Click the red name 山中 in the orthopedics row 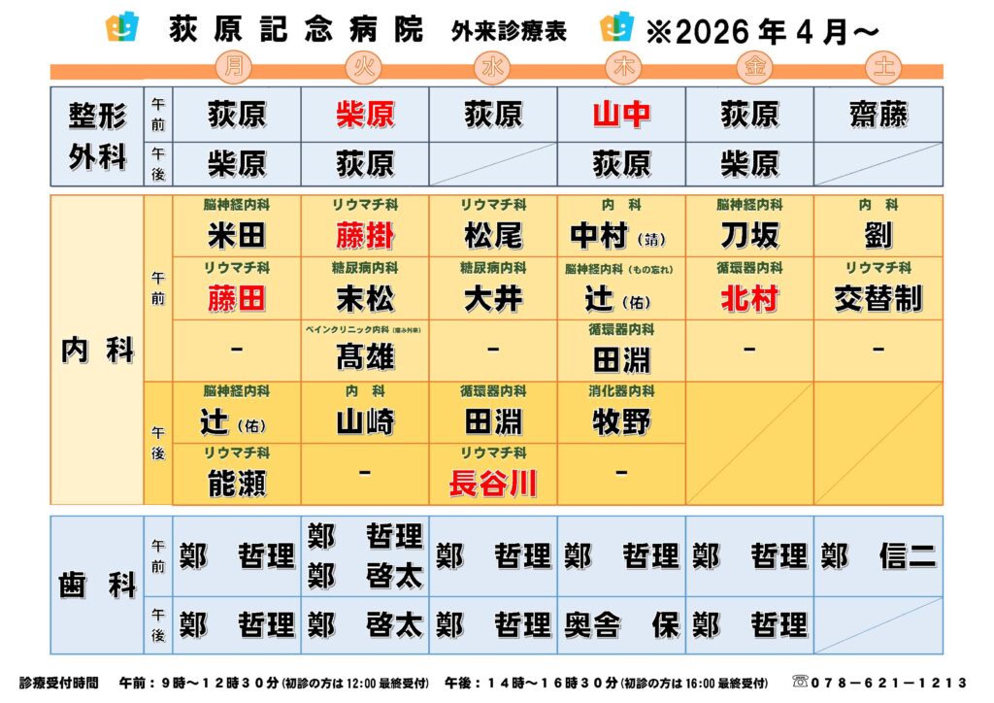coord(621,115)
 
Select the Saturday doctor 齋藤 coord(878,115)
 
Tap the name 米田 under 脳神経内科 coord(237,235)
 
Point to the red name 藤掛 coord(365,235)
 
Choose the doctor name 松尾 coord(493,235)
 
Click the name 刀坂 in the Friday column coord(749,235)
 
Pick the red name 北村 coord(749,298)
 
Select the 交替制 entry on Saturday coord(878,298)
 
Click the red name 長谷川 coord(493,483)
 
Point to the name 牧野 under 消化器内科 coord(621,421)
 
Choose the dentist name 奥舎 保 coord(621,624)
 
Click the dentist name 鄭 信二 coord(878,555)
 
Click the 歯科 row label coord(97,586)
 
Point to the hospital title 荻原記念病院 coord(296,31)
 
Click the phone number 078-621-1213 coord(891,683)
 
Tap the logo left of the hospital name coord(121,28)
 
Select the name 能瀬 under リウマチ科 coord(237,483)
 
